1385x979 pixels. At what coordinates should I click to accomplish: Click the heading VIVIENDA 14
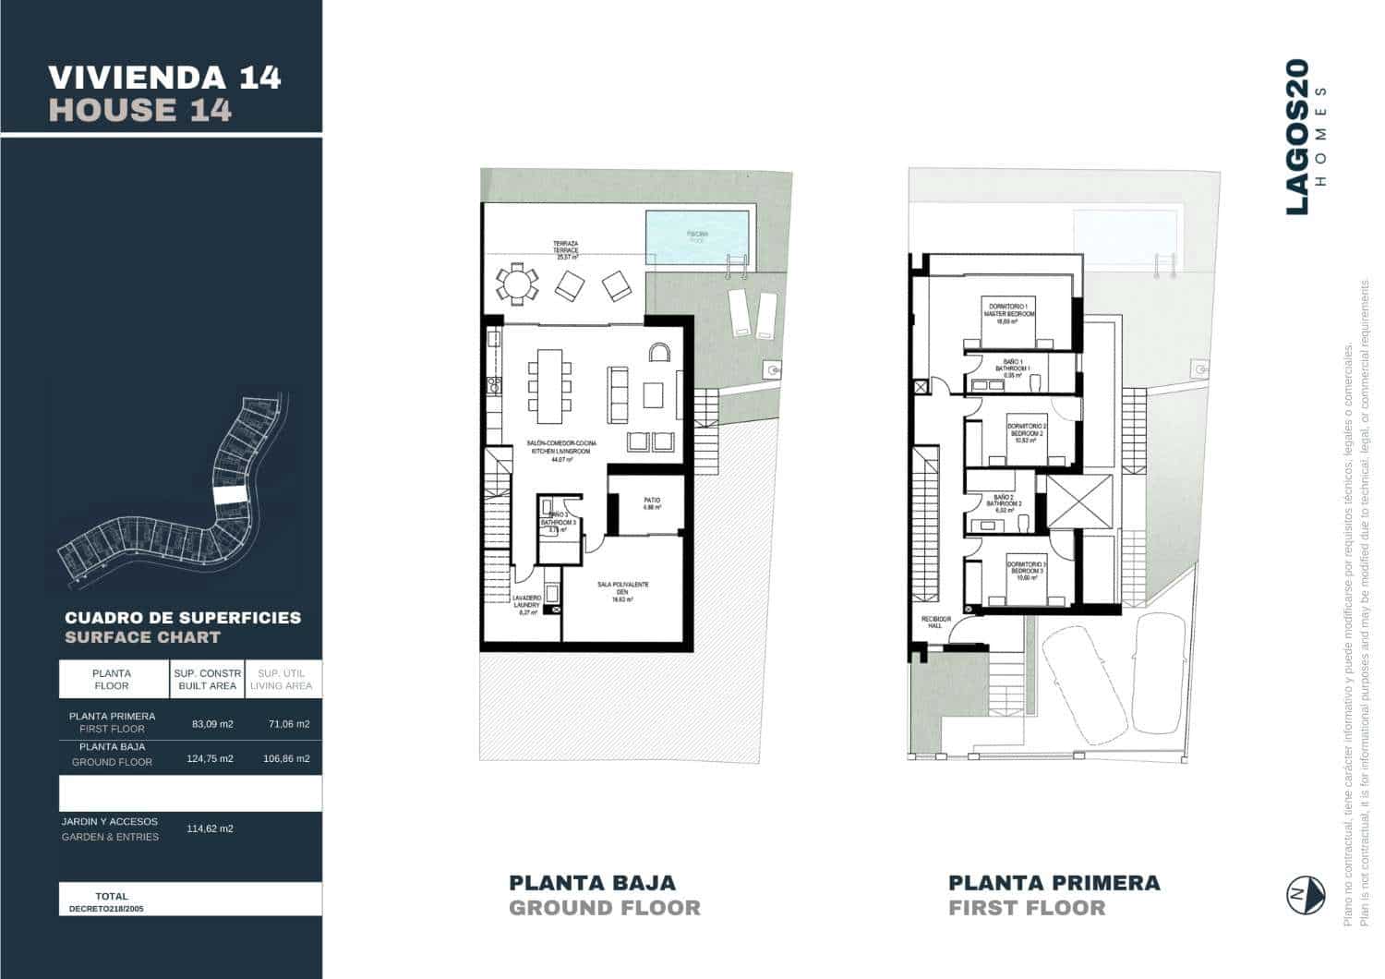pyautogui.click(x=164, y=77)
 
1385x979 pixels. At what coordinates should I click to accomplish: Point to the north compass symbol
pyautogui.click(x=1306, y=894)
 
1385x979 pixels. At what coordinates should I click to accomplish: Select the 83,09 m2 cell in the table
pyautogui.click(x=212, y=724)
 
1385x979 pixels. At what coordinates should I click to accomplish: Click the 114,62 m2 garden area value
pyautogui.click(x=212, y=828)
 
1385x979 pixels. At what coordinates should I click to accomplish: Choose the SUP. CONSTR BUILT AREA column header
pyautogui.click(x=208, y=680)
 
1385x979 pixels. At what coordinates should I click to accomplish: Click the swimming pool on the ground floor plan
pyautogui.click(x=696, y=236)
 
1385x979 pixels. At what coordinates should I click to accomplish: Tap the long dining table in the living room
pyautogui.click(x=550, y=381)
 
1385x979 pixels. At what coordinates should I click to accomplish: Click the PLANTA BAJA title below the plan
pyautogui.click(x=593, y=882)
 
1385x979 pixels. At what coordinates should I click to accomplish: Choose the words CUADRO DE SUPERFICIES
pyautogui.click(x=183, y=618)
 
